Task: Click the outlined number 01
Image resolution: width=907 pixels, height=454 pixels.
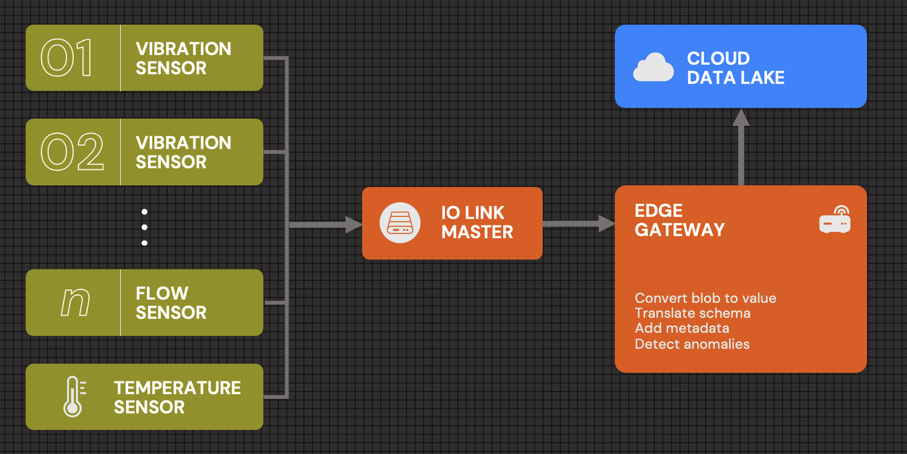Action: pos(67,58)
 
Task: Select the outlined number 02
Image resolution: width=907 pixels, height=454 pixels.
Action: pos(72,152)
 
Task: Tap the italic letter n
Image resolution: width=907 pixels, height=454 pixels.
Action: pos(76,302)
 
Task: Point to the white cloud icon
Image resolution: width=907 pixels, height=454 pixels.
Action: pos(653,67)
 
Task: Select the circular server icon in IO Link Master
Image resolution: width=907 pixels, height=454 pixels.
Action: pos(400,223)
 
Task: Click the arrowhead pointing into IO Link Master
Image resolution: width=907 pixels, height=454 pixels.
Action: pos(353,225)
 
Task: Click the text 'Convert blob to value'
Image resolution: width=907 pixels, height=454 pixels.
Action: pos(705,298)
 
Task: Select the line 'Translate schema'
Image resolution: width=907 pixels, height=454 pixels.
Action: pos(692,313)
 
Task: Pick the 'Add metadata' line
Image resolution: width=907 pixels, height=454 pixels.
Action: pos(681,328)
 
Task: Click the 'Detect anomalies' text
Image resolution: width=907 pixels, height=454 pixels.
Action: pos(692,344)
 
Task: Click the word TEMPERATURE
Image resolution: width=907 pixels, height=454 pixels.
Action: pos(177,388)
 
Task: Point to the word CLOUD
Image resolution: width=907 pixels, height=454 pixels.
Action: pos(718,59)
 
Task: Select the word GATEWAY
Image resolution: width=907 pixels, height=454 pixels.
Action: pos(680,230)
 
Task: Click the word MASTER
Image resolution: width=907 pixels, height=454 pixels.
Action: pos(477,232)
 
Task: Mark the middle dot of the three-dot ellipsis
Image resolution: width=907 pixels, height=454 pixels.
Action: pos(145,227)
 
